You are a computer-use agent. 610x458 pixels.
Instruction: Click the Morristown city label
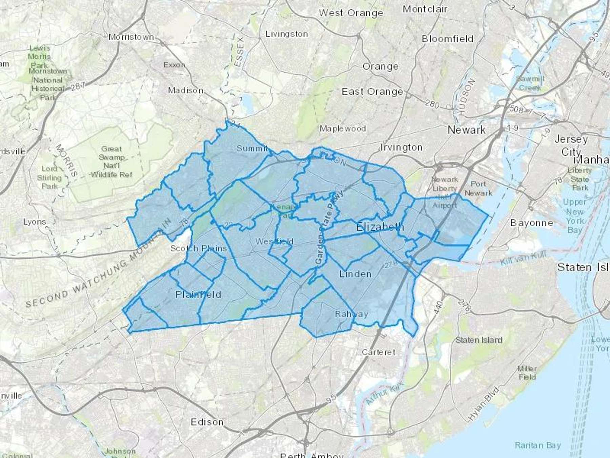tap(131, 37)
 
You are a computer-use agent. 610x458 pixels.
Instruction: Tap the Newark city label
tap(466, 130)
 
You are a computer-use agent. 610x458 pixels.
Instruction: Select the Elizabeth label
tap(380, 227)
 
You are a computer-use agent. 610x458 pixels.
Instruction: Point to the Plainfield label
tap(198, 294)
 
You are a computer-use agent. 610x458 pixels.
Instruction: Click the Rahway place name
tap(351, 314)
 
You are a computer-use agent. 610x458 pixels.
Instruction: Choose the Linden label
tap(355, 274)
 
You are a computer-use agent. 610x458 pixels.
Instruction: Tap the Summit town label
tap(252, 148)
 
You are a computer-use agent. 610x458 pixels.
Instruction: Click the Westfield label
tap(274, 242)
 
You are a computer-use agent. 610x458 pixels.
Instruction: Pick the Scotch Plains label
tap(198, 248)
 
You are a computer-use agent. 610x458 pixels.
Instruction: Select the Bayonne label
tap(531, 223)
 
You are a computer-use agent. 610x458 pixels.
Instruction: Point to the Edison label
tap(207, 422)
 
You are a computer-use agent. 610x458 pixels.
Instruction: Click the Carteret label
tap(379, 352)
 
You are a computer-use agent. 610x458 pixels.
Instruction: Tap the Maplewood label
tap(343, 129)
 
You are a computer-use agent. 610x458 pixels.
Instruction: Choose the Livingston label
tap(287, 34)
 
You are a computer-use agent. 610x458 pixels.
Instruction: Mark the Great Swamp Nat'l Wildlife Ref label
tap(111, 162)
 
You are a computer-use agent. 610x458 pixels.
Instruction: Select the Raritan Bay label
tap(538, 445)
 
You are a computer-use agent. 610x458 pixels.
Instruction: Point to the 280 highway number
tap(432, 104)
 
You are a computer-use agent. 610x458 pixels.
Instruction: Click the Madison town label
tap(186, 91)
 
